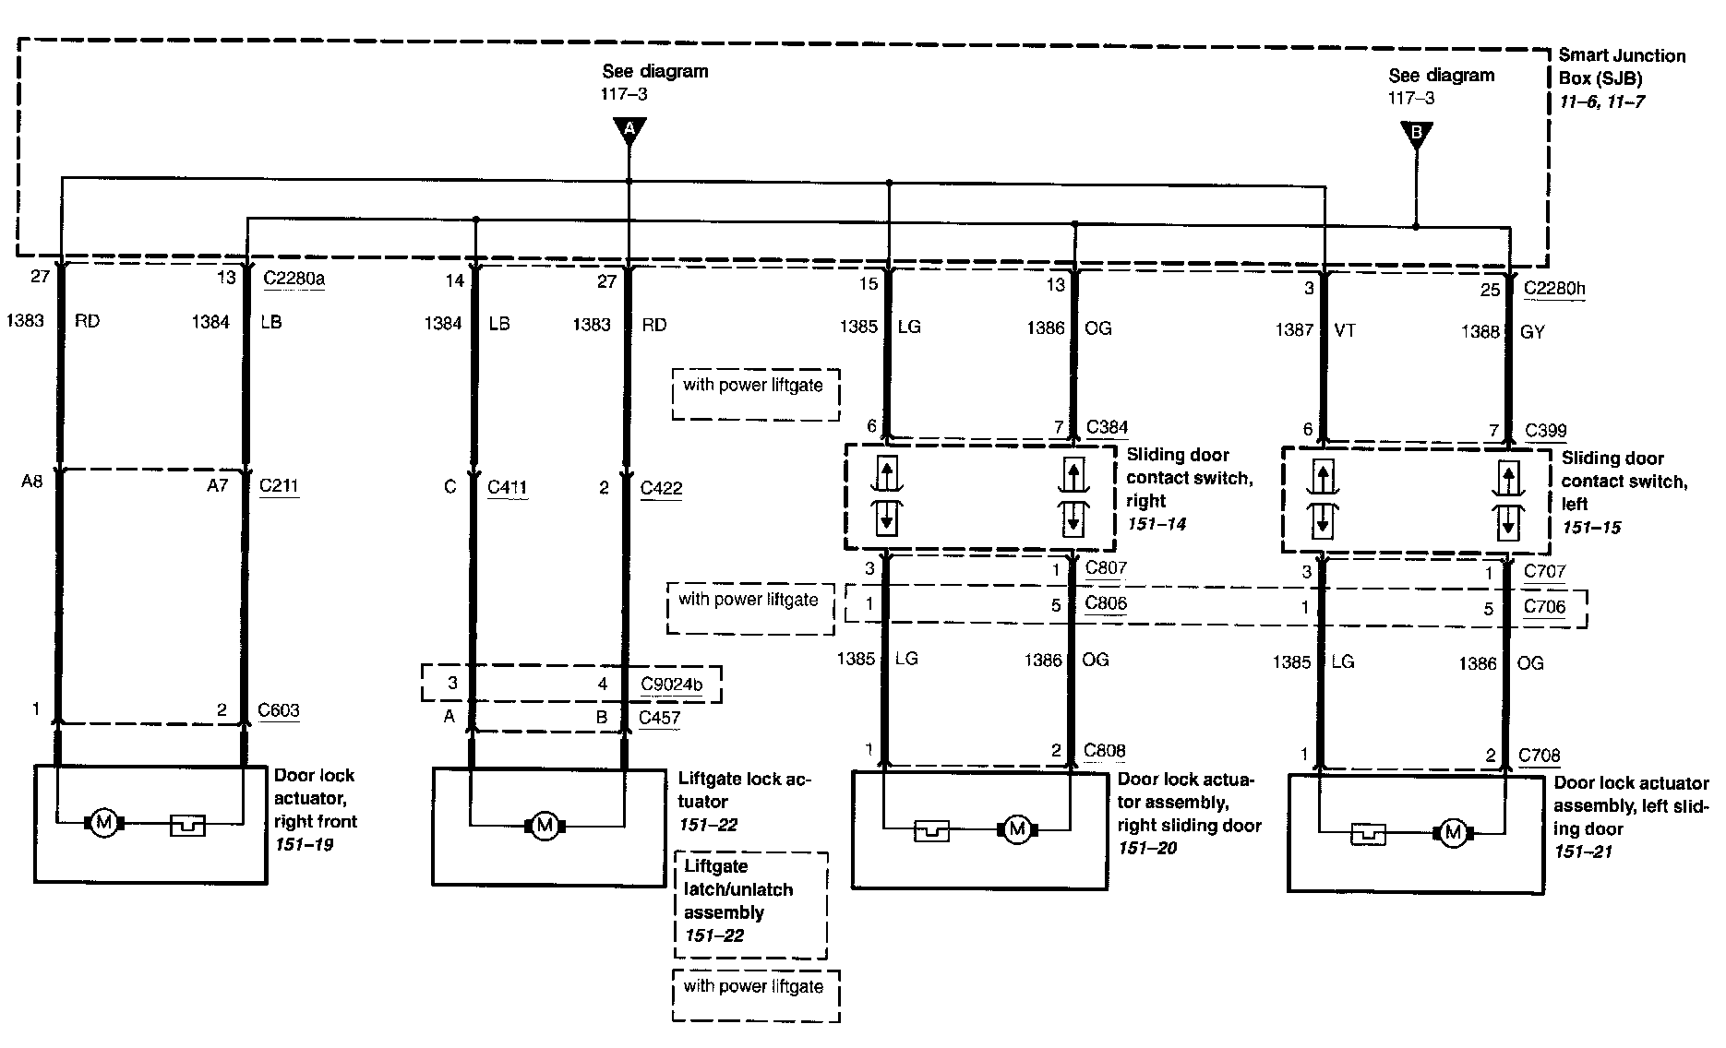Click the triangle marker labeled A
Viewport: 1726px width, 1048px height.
coord(629,130)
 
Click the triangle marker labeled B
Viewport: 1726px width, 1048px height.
coord(1416,135)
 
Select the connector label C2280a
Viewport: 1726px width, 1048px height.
coord(294,278)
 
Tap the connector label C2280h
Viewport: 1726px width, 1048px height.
coord(1554,289)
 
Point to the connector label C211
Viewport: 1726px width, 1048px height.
coord(279,485)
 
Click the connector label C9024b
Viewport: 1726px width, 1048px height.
coord(671,685)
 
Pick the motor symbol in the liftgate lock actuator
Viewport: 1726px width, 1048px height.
coord(544,826)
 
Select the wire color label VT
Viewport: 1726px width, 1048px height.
coord(1345,330)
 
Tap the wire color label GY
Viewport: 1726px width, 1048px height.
coord(1532,332)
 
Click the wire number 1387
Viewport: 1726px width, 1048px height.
coord(1293,330)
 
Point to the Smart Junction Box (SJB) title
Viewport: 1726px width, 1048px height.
coord(1621,66)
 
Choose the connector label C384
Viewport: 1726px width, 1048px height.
coord(1107,427)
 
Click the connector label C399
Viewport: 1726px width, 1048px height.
coord(1545,430)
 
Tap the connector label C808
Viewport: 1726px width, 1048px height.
coord(1105,751)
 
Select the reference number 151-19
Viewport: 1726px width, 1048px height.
coord(304,844)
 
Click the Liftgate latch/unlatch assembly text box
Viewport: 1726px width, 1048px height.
coord(749,902)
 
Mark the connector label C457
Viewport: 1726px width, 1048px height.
coord(659,718)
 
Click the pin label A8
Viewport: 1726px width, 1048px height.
coord(32,482)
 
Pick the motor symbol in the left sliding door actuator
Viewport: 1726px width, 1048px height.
coord(1453,833)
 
